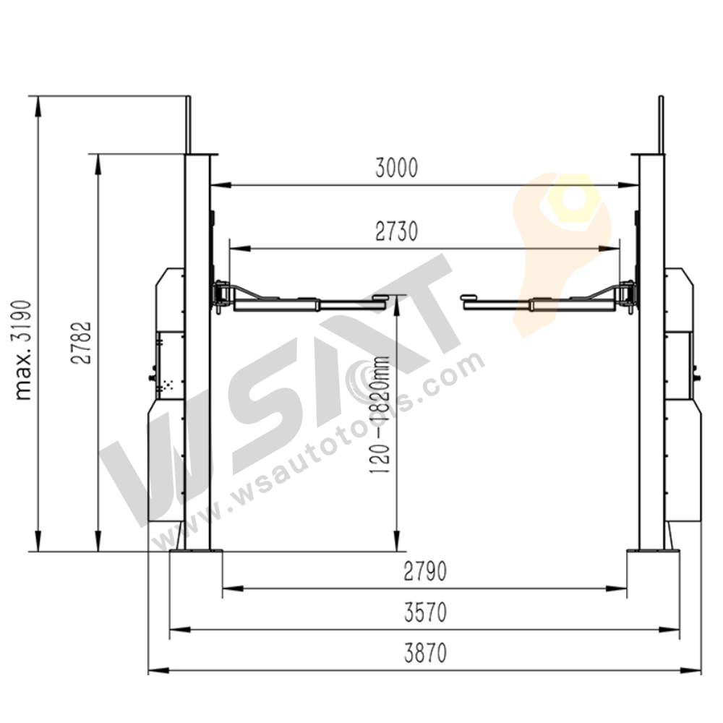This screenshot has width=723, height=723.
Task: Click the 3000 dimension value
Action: coord(396,168)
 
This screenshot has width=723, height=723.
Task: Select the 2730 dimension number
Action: coord(396,231)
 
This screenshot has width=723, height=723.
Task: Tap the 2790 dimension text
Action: coord(425,571)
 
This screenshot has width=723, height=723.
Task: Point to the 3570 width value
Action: coord(425,612)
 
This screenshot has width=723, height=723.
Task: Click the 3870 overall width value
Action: coord(425,654)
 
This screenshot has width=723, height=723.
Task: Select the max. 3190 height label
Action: coord(25,348)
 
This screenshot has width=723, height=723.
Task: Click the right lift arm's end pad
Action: coord(468,296)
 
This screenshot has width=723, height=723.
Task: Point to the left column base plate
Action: coord(195,553)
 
